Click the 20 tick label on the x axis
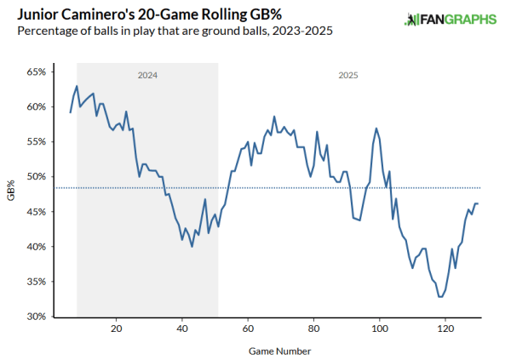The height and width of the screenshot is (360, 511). [116, 328]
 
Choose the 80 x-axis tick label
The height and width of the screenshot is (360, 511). [313, 328]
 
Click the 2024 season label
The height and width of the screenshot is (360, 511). [147, 76]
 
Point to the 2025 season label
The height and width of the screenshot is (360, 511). [347, 76]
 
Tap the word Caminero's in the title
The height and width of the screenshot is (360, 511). [93, 14]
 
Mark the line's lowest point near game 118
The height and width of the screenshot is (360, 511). [440, 296]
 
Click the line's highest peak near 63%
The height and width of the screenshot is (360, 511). [77, 86]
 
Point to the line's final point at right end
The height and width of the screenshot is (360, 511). [478, 203]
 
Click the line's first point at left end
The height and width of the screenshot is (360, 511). [71, 112]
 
